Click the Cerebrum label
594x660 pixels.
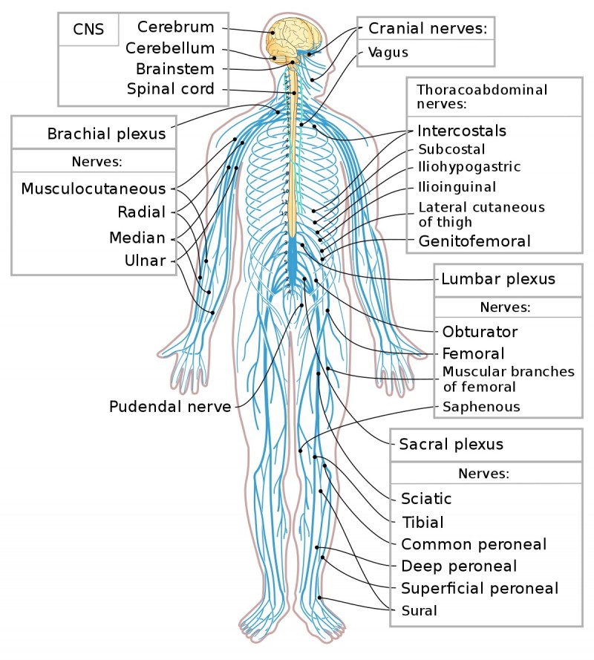[175, 28]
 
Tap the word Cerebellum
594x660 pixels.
[170, 49]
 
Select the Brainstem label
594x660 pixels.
[174, 69]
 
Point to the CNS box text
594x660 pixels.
[88, 30]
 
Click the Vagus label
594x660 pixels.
[388, 53]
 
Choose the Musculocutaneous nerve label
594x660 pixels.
[94, 189]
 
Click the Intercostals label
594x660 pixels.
[461, 131]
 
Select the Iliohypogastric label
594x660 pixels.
[469, 166]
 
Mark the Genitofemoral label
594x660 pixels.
[474, 241]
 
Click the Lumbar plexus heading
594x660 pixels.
[497, 279]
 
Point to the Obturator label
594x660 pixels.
[480, 331]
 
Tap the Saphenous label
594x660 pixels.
[481, 407]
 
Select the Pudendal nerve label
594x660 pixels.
[170, 406]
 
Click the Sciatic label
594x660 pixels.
[426, 498]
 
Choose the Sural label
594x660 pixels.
[419, 611]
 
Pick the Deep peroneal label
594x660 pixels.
[459, 566]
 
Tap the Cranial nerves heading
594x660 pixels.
[427, 29]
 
